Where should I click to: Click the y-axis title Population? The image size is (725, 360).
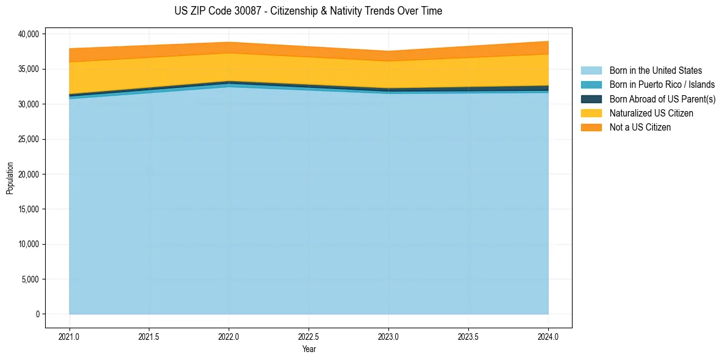(x=10, y=178)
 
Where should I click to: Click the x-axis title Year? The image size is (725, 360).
(x=309, y=349)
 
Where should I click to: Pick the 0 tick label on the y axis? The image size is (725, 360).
(x=37, y=314)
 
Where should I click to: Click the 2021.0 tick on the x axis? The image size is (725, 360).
(x=70, y=336)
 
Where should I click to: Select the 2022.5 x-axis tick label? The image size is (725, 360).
(x=309, y=336)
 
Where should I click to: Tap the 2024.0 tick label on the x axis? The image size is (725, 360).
(x=548, y=336)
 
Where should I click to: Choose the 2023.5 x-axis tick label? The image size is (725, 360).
(x=468, y=336)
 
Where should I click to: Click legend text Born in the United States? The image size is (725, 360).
(x=655, y=71)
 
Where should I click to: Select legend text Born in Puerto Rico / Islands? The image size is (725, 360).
(x=662, y=85)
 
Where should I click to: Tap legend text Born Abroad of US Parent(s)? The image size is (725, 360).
(x=662, y=99)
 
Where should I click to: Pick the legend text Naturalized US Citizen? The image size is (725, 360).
(x=651, y=113)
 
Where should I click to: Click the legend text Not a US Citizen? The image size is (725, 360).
(x=640, y=128)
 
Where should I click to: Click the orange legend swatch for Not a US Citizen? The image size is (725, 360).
(x=591, y=128)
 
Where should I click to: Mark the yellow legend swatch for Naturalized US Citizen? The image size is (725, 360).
(x=591, y=113)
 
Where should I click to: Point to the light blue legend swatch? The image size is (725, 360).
(x=591, y=71)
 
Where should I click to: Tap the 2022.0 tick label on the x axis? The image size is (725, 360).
(x=229, y=336)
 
